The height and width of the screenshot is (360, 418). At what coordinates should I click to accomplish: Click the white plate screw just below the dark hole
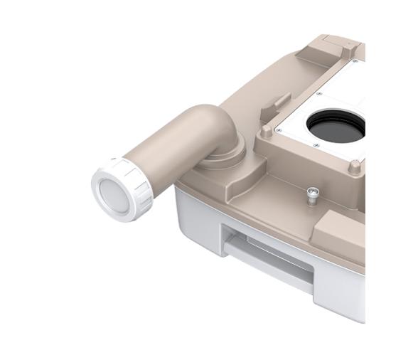point(316,146)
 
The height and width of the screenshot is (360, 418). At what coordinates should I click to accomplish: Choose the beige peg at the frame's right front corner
point(353,168)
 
